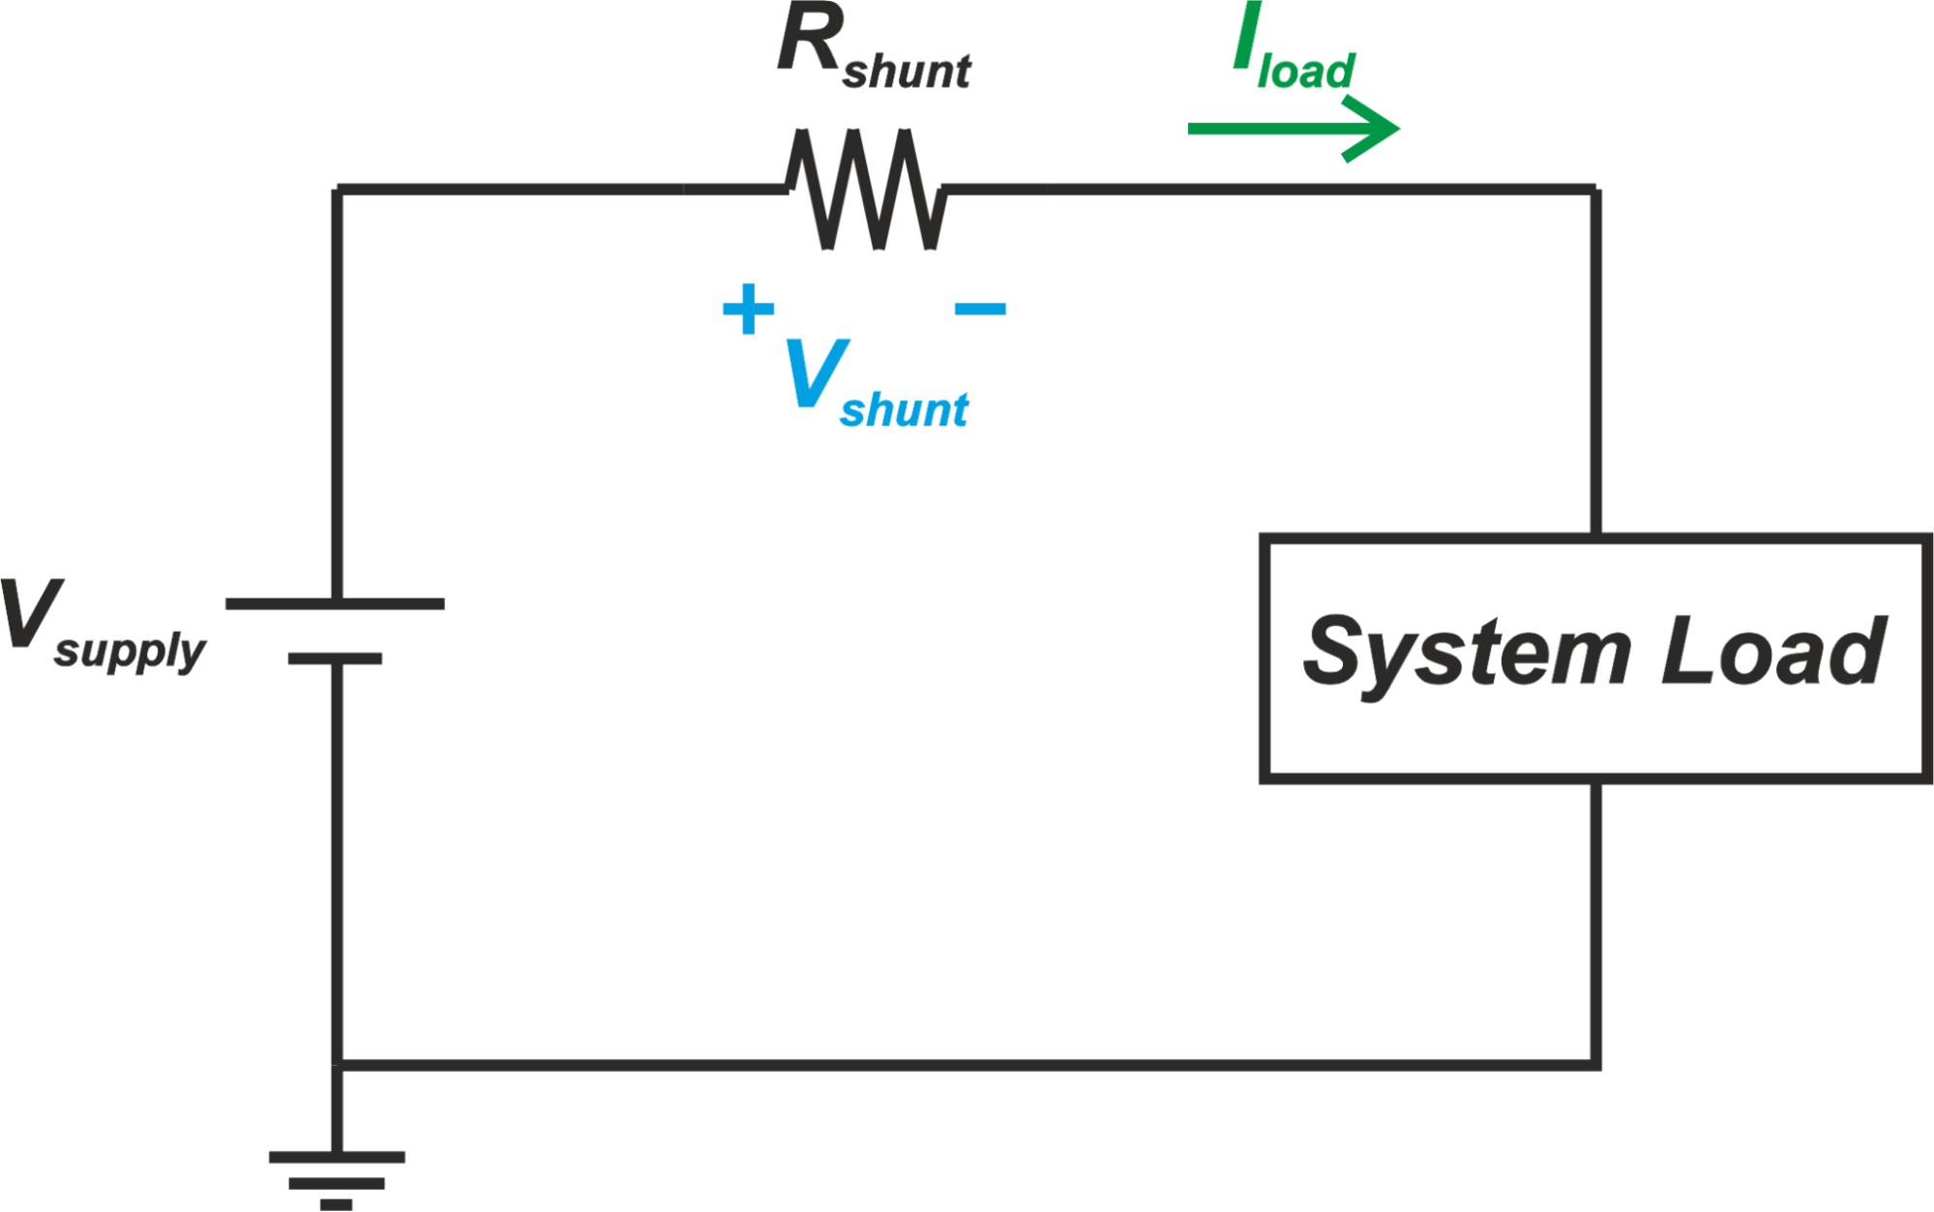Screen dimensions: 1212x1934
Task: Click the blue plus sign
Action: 748,310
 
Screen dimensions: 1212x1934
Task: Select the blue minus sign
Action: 980,309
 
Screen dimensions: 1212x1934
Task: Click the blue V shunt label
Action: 873,384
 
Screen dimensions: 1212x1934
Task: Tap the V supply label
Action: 102,624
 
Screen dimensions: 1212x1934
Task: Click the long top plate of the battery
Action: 335,604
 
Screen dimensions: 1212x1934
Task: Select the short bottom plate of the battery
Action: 335,659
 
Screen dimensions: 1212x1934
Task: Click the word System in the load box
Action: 1466,653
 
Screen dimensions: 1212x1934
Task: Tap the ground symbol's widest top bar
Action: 337,1157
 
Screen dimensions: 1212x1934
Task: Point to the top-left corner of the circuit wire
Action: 337,190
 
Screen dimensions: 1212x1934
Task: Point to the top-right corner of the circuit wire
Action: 1595,190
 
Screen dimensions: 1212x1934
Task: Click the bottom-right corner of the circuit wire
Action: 1595,1065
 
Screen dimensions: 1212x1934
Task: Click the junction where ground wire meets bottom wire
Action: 337,1065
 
